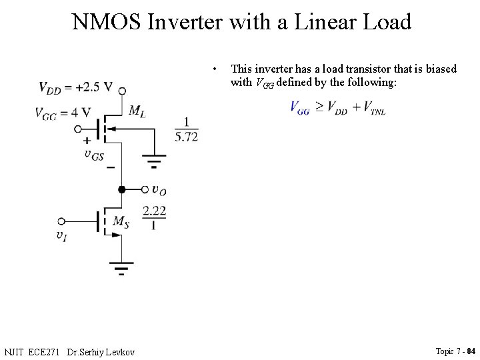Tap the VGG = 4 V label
(x=63, y=113)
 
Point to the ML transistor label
(x=137, y=110)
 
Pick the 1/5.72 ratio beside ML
(x=186, y=129)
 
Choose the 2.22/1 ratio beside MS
(x=153, y=217)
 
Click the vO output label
(x=159, y=191)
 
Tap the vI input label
(x=61, y=235)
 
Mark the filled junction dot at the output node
(x=121, y=189)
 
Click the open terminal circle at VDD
(x=121, y=91)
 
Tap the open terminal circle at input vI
(x=62, y=221)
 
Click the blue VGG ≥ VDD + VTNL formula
(x=338, y=108)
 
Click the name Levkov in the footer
(x=121, y=351)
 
